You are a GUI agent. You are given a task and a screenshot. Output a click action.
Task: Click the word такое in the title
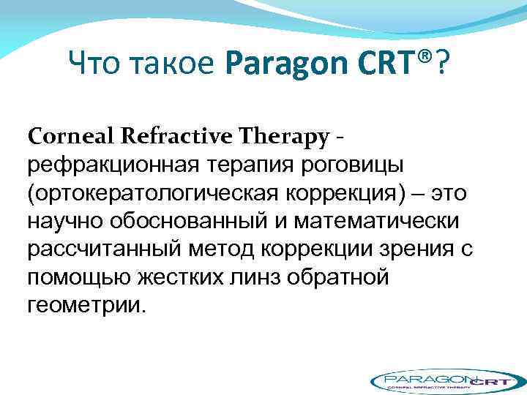pos(174,68)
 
